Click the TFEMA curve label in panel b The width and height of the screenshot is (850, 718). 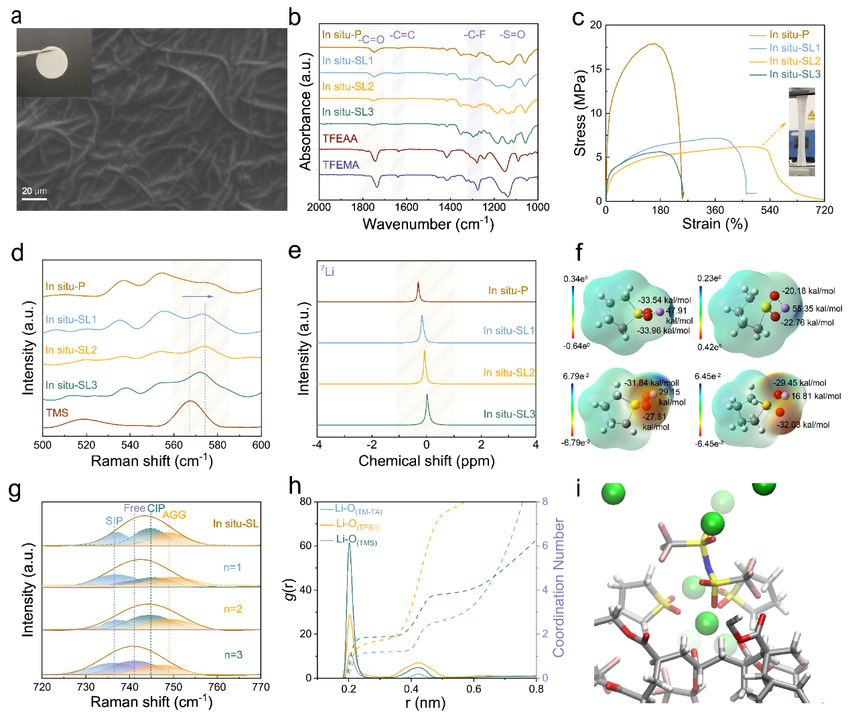[341, 165]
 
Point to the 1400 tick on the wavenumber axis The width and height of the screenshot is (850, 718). [450, 207]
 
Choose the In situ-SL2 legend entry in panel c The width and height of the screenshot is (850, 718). [794, 61]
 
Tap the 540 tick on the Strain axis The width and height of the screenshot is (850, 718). [770, 210]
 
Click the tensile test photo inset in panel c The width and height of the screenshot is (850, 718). [802, 132]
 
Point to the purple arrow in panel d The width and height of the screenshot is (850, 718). [198, 296]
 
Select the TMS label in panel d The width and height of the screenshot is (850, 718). [57, 413]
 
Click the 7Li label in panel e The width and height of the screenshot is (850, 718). [327, 271]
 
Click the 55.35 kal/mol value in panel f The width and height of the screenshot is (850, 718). [817, 309]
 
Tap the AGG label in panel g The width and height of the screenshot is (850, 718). [174, 515]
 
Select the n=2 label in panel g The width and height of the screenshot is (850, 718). [233, 609]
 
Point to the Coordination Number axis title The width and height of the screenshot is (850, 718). [559, 587]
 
